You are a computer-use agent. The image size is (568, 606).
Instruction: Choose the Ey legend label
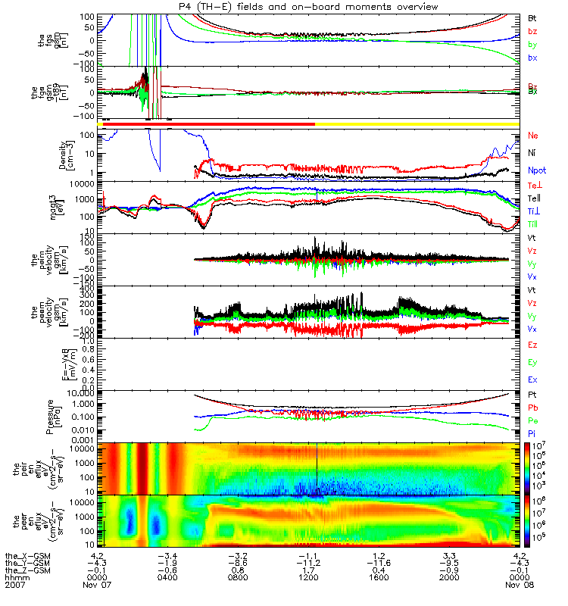(533, 362)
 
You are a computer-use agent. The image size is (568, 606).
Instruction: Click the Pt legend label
(532, 396)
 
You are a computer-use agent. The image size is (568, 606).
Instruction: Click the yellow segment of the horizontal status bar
(417, 123)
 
